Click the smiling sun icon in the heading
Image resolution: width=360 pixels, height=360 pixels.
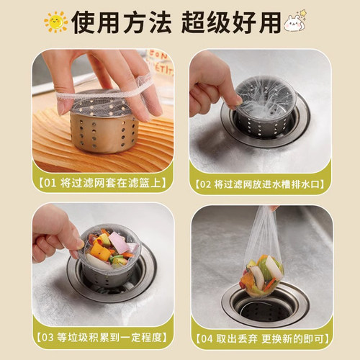[x=56, y=22]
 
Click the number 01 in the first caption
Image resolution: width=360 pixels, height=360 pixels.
[x=50, y=183]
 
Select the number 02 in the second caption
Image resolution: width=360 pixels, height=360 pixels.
[x=205, y=184]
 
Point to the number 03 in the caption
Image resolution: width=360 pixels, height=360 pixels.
[x=48, y=338]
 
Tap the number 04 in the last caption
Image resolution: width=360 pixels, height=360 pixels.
[x=207, y=339]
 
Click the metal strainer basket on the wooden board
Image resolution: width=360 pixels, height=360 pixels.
[x=104, y=122]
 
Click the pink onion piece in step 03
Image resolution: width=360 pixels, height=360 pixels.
[x=120, y=243]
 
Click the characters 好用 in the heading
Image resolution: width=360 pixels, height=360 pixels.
[x=257, y=22]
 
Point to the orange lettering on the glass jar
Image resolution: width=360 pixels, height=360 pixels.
[x=161, y=63]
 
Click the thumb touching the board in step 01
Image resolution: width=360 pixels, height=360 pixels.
[x=63, y=106]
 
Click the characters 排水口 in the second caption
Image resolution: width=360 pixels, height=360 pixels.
[x=306, y=184]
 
